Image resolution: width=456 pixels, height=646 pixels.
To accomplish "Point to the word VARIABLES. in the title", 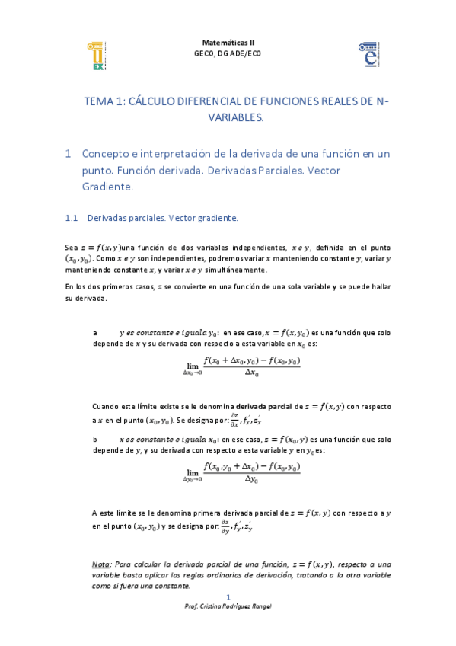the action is pyautogui.click(x=235, y=117).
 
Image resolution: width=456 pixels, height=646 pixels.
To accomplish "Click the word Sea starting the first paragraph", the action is pyautogui.click(x=71, y=247).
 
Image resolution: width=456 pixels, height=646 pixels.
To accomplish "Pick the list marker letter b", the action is pyautogui.click(x=94, y=440).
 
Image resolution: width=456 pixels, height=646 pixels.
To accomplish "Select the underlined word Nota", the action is pyautogui.click(x=100, y=564).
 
